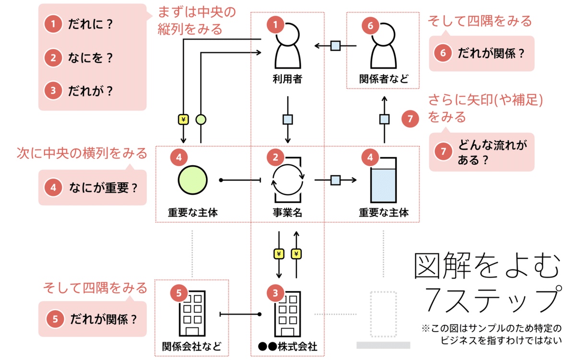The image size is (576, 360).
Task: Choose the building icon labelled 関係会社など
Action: tap(192, 314)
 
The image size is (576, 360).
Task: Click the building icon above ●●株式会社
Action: tap(288, 314)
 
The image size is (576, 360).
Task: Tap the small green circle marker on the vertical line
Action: tap(201, 119)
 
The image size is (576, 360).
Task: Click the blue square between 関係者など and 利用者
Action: tap(336, 46)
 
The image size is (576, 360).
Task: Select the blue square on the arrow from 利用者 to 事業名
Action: tap(288, 119)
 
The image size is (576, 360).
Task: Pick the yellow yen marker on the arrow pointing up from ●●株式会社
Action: tap(296, 254)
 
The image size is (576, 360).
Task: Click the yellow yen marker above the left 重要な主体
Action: tap(183, 119)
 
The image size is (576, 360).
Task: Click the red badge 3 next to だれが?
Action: tap(53, 90)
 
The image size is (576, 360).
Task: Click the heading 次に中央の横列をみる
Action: tap(82, 154)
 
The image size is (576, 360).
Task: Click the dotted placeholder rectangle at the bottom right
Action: tap(384, 314)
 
